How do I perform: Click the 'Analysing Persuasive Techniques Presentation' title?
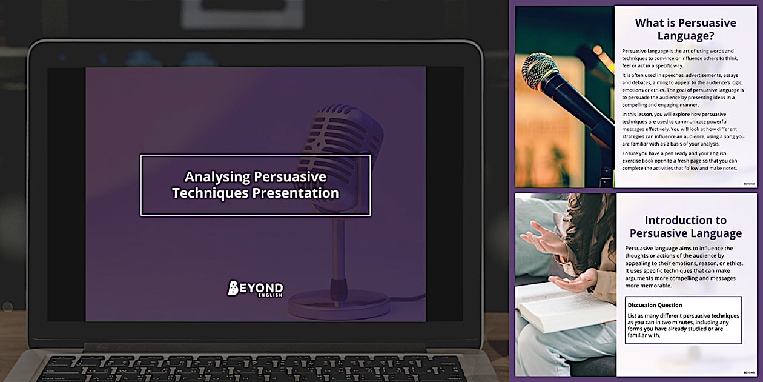255,185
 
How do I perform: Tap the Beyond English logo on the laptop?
255,289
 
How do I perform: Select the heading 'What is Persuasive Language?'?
685,29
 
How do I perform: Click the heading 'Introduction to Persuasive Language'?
685,227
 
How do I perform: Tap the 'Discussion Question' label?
655,305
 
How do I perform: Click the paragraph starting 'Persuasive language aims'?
680,267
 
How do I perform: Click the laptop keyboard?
254,367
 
